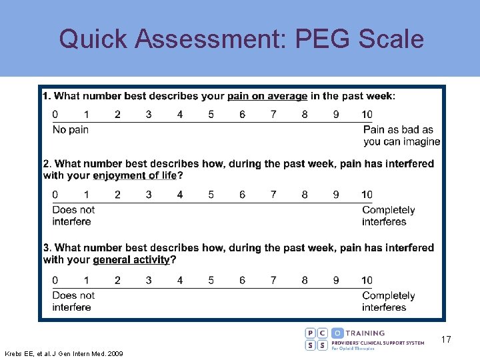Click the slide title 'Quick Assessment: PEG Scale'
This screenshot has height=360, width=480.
tap(241, 39)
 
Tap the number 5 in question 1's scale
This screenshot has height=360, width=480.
tap(211, 115)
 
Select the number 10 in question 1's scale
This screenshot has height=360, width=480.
tap(367, 115)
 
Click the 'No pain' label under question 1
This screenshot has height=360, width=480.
tap(70, 129)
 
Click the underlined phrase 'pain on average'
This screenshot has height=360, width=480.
tap(267, 96)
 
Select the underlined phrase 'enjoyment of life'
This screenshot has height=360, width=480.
tap(135, 176)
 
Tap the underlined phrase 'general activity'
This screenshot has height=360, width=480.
tap(131, 260)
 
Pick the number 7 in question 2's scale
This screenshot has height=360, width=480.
tap(273, 195)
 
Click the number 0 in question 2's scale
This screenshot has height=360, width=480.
tap(55, 195)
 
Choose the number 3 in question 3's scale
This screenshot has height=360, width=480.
tap(149, 280)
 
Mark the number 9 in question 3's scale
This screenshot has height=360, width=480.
tap(335, 280)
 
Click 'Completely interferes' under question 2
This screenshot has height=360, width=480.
tap(388, 215)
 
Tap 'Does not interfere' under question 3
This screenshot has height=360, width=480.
tap(73, 301)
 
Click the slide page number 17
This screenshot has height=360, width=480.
tap(445, 340)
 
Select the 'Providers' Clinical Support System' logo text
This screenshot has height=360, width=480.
tap(377, 343)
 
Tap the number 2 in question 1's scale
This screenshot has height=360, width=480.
tap(117, 115)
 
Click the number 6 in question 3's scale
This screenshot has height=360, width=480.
tap(242, 280)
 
